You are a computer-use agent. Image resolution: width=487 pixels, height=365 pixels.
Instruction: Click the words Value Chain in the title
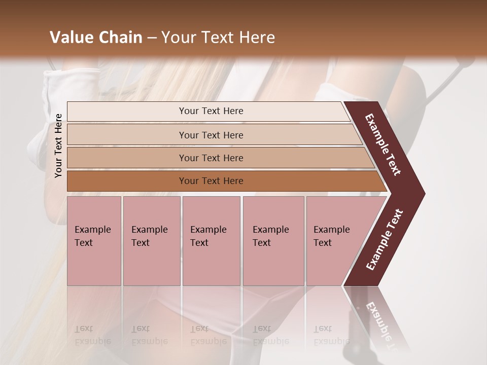pos(96,38)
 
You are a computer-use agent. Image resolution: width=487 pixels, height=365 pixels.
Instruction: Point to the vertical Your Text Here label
pos(58,145)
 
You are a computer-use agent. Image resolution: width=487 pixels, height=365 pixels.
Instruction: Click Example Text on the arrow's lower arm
pos(385,240)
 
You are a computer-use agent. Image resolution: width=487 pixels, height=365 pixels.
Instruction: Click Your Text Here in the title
pos(218,38)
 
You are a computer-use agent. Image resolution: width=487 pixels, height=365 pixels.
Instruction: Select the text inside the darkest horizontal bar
pos(211,181)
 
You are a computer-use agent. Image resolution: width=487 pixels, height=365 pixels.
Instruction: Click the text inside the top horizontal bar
pos(211,111)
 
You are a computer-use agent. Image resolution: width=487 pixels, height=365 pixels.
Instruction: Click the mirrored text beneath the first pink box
pos(92,335)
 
